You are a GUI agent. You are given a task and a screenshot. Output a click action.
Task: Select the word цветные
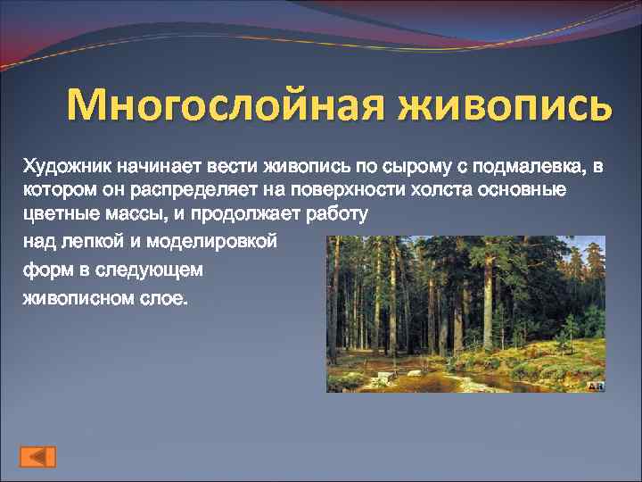[59, 216]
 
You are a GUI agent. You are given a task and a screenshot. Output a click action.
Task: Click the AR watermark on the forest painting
[597, 386]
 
